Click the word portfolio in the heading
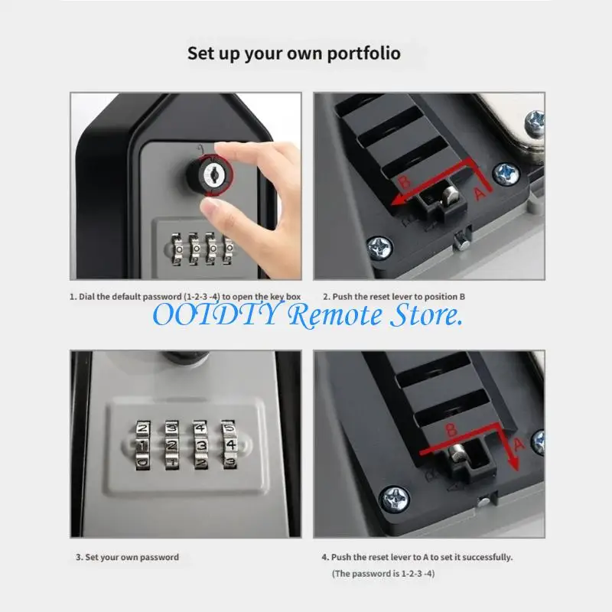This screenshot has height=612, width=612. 364,54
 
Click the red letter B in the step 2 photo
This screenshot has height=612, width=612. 405,182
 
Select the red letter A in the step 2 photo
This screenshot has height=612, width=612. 480,194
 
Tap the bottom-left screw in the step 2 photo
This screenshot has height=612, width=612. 379,248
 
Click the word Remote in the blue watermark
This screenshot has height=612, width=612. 335,315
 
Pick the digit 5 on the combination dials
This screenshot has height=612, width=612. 229,428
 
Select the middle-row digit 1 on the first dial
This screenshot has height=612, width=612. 142,445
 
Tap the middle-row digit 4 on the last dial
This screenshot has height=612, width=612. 231,444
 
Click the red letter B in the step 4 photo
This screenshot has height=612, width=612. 451,429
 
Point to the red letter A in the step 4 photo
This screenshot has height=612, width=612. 519,444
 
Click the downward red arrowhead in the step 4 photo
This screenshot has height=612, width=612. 515,464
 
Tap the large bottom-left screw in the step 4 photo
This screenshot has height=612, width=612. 395,500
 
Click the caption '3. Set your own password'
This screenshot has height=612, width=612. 127,558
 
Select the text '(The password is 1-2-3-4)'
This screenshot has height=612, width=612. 383,573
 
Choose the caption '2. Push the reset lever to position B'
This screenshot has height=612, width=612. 394,297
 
